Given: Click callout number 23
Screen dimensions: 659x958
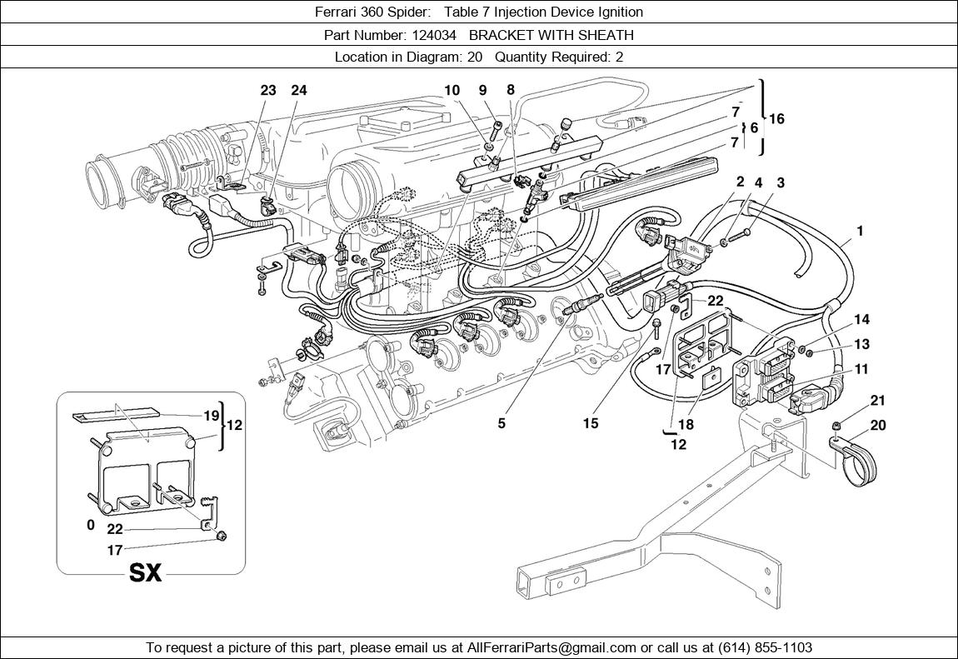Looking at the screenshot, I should point(267,91).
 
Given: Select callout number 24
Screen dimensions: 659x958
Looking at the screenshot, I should point(298,91).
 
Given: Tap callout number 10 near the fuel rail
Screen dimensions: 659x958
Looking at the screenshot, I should point(452,91).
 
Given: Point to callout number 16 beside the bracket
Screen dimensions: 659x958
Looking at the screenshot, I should point(776,119).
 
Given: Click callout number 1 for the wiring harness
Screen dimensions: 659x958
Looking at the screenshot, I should point(859,232).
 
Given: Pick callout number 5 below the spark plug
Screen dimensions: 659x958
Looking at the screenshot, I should point(501,423).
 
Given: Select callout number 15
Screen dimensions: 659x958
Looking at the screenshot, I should point(590,423).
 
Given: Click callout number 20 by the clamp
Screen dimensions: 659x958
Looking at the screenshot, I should point(878,425).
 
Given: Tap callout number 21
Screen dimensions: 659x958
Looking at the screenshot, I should point(878,402).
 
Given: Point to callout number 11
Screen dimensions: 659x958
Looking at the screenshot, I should point(861,368).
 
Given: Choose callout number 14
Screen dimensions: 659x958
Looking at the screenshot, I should point(861,319).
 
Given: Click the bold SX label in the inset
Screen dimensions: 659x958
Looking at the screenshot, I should point(145,573).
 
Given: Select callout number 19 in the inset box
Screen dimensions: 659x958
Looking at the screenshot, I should point(211,416).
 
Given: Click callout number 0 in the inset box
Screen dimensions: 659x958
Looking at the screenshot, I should point(91,526).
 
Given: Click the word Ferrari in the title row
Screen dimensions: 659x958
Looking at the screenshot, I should point(338,12).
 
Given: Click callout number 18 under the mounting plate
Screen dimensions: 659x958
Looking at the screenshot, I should point(685,424).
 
